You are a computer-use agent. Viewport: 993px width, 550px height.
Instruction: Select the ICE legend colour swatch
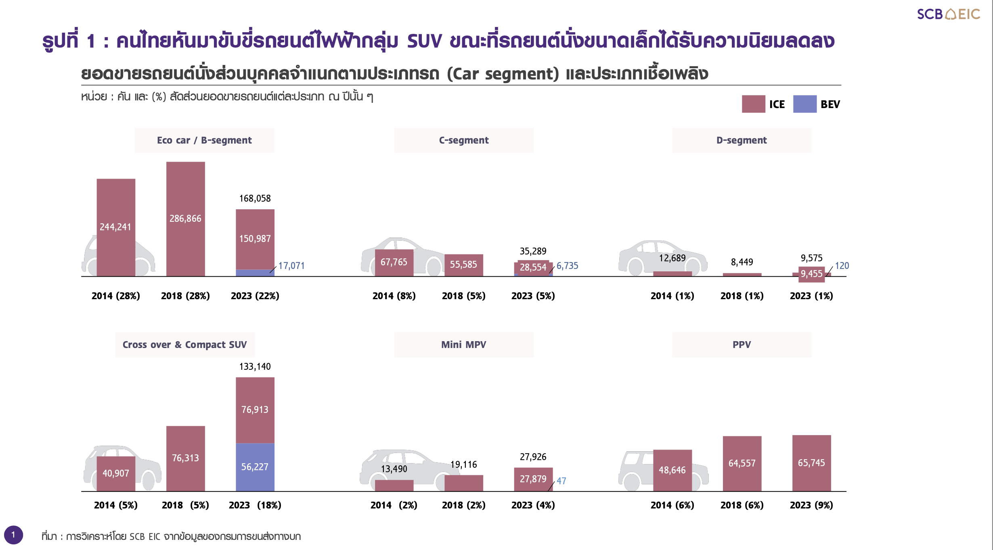(x=753, y=104)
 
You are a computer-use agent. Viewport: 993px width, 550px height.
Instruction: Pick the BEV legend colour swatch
(x=804, y=104)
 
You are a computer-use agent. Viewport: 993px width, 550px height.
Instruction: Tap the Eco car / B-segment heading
(x=204, y=140)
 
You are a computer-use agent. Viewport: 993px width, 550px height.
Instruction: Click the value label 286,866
(x=185, y=219)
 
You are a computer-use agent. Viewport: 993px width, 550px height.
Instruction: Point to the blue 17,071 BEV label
(x=291, y=266)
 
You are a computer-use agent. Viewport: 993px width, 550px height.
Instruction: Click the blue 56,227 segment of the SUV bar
(x=255, y=467)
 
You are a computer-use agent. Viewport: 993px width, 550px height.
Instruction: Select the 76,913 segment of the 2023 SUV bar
(x=255, y=410)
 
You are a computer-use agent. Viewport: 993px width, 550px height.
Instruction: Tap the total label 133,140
(x=255, y=367)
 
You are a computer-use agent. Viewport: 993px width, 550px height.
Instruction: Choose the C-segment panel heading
(x=464, y=140)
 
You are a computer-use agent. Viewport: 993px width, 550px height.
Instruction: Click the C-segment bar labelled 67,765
(x=394, y=262)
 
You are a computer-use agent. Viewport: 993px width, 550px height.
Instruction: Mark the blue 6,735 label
(x=567, y=266)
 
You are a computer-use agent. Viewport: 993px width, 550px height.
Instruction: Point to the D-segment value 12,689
(x=672, y=258)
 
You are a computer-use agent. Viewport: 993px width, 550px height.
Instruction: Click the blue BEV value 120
(x=842, y=266)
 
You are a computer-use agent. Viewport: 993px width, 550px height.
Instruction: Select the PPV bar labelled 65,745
(x=811, y=463)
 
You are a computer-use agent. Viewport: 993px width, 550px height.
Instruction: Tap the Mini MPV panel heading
(x=464, y=345)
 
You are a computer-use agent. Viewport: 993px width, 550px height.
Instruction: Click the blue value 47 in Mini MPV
(x=561, y=481)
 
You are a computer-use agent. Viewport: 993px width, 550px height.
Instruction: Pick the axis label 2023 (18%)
(x=255, y=505)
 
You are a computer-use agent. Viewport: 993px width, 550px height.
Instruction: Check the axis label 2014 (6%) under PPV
(x=672, y=505)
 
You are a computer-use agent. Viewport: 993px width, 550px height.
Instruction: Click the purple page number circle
(x=13, y=535)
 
